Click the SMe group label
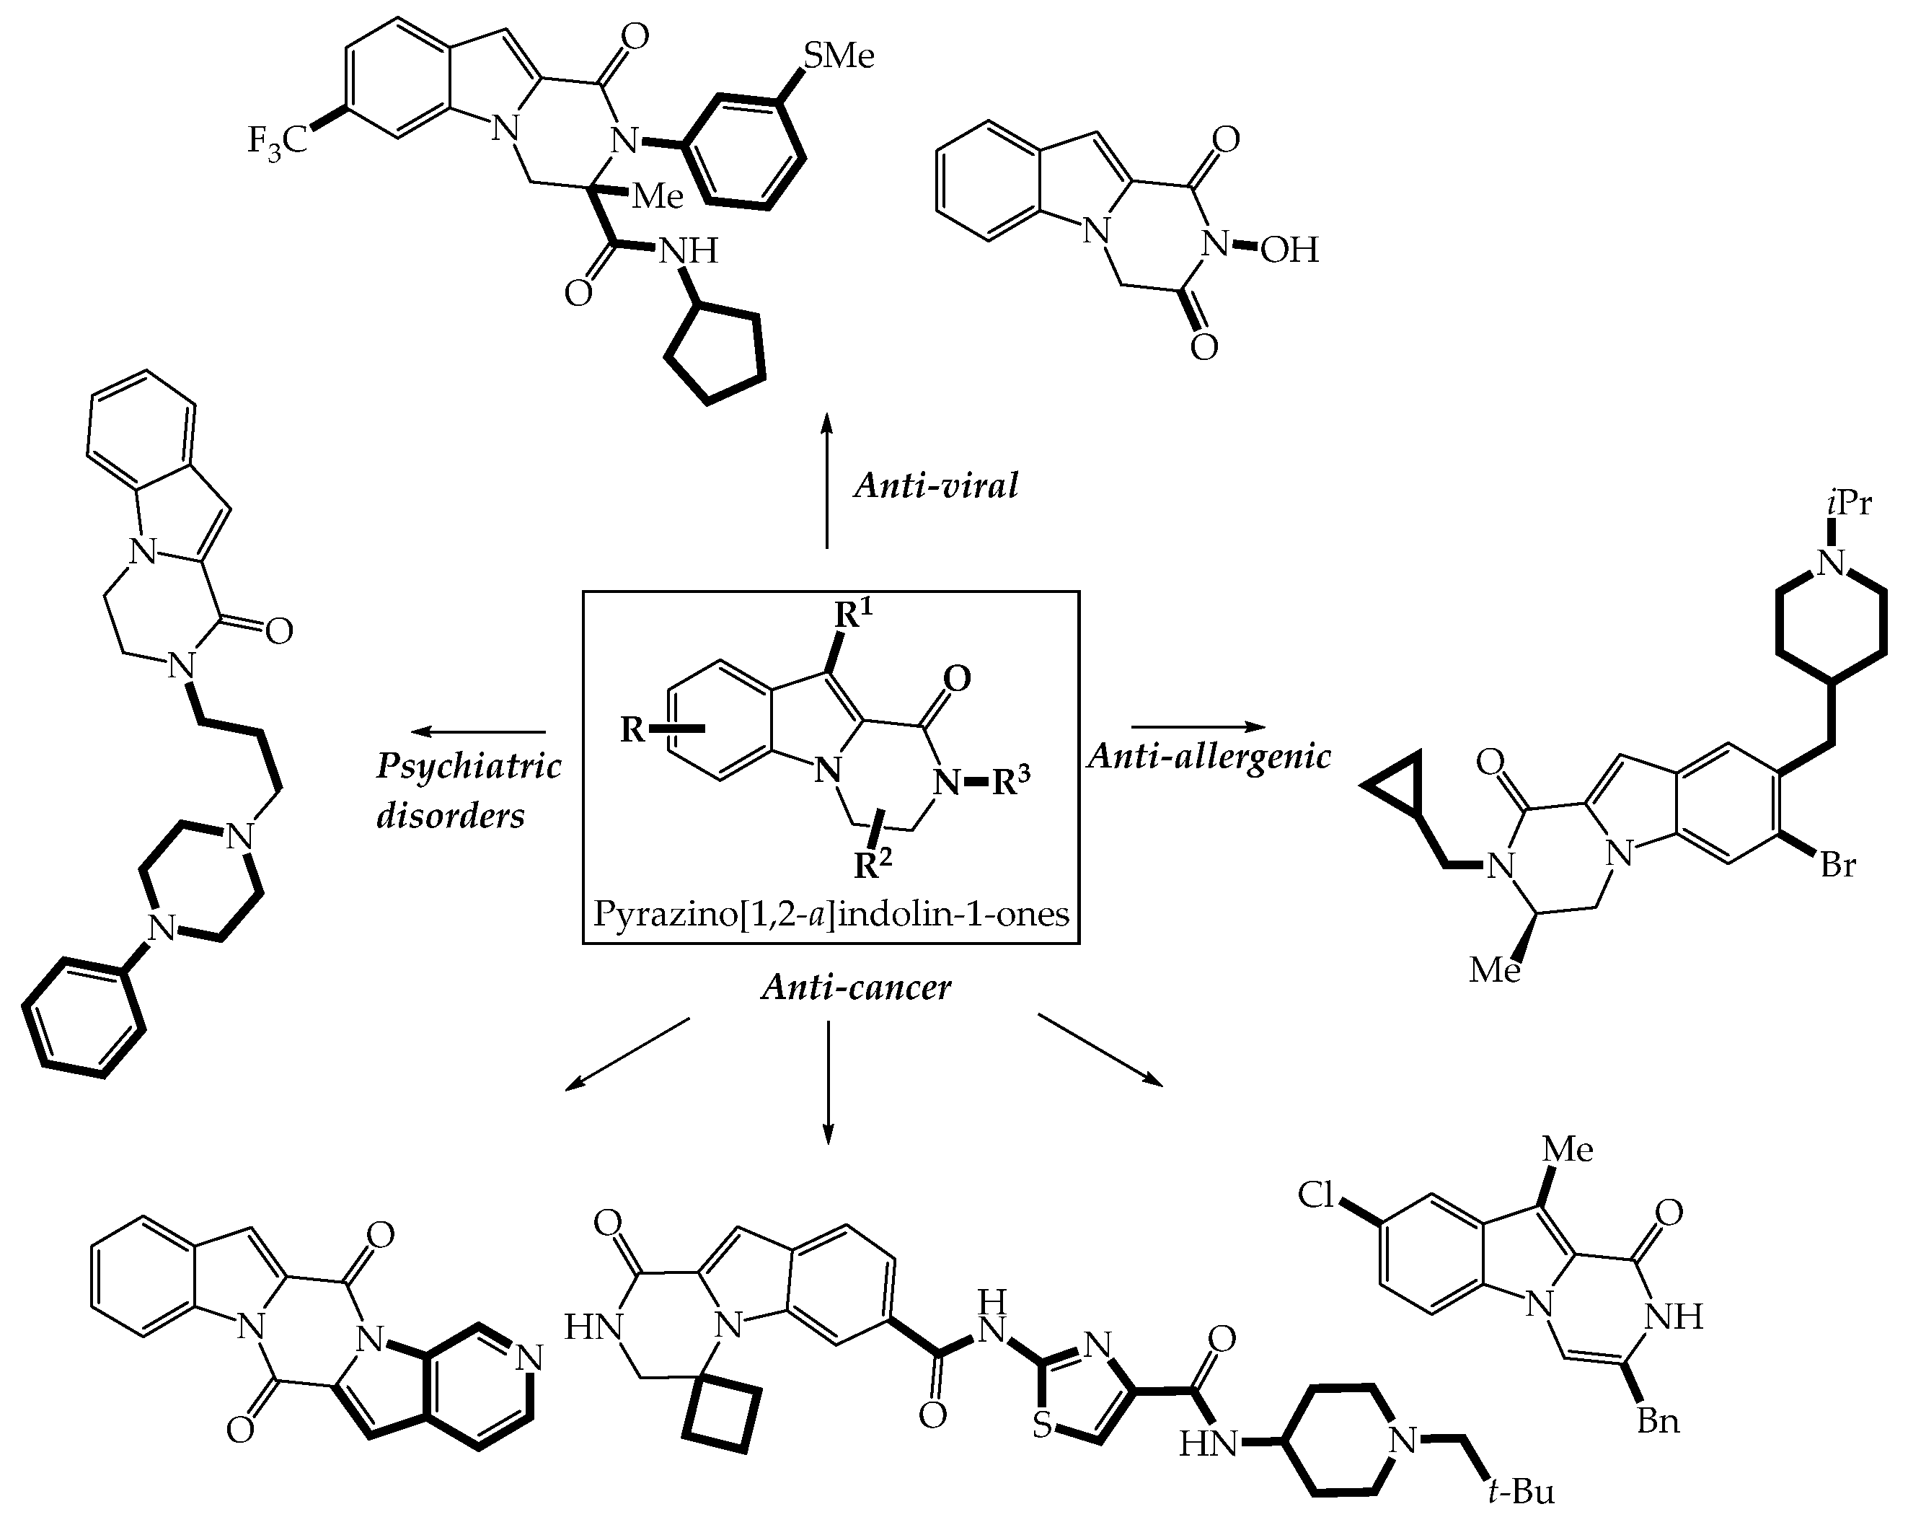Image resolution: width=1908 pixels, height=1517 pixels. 837,55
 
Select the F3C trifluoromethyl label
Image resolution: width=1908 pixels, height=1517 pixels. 276,140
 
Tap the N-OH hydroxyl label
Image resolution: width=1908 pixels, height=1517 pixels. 1289,250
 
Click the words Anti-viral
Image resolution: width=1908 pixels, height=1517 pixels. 936,485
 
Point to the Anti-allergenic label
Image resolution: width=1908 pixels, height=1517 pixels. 1209,756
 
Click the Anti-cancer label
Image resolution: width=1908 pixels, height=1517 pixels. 857,987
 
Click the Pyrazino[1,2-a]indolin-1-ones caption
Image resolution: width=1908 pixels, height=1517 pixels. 830,913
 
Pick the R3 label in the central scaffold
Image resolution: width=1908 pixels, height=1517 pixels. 1009,781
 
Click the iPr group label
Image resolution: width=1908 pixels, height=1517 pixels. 1848,503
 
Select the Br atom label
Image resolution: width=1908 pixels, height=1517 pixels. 1837,865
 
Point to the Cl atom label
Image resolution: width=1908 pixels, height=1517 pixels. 1315,1195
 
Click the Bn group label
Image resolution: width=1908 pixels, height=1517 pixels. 1658,1421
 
